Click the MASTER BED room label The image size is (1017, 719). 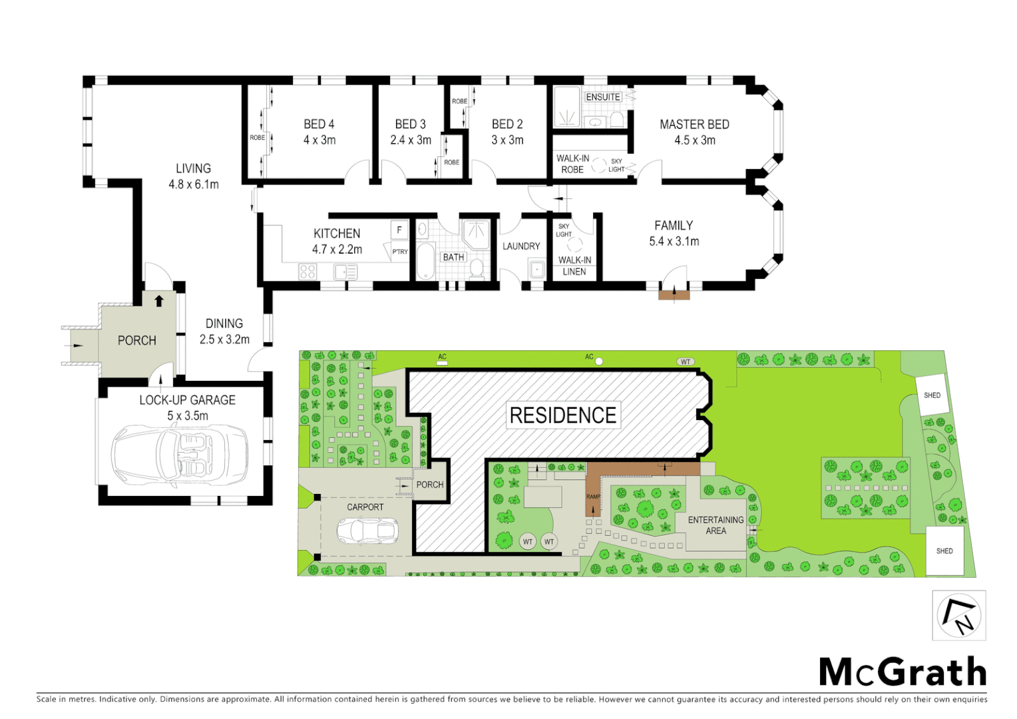[x=694, y=124]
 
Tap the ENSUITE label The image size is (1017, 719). [x=603, y=97]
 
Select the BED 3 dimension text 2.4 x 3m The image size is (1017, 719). [x=411, y=140]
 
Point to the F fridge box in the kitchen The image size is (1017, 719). [x=399, y=230]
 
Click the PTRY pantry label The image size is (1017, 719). [x=399, y=252]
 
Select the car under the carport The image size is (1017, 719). [x=367, y=531]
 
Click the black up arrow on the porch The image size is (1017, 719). [x=159, y=301]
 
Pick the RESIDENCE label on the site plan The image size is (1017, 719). [x=563, y=415]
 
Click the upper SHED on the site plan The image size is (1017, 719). [x=932, y=395]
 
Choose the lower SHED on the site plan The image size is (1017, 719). [x=944, y=551]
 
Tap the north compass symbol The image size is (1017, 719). [x=958, y=615]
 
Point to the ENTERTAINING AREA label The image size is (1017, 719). [x=715, y=525]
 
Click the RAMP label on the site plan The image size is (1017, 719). [x=593, y=497]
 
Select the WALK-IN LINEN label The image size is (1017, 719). [x=574, y=266]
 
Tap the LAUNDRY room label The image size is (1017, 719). [x=521, y=246]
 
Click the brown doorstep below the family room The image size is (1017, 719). [x=674, y=294]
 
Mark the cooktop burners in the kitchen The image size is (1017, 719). [x=307, y=272]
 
